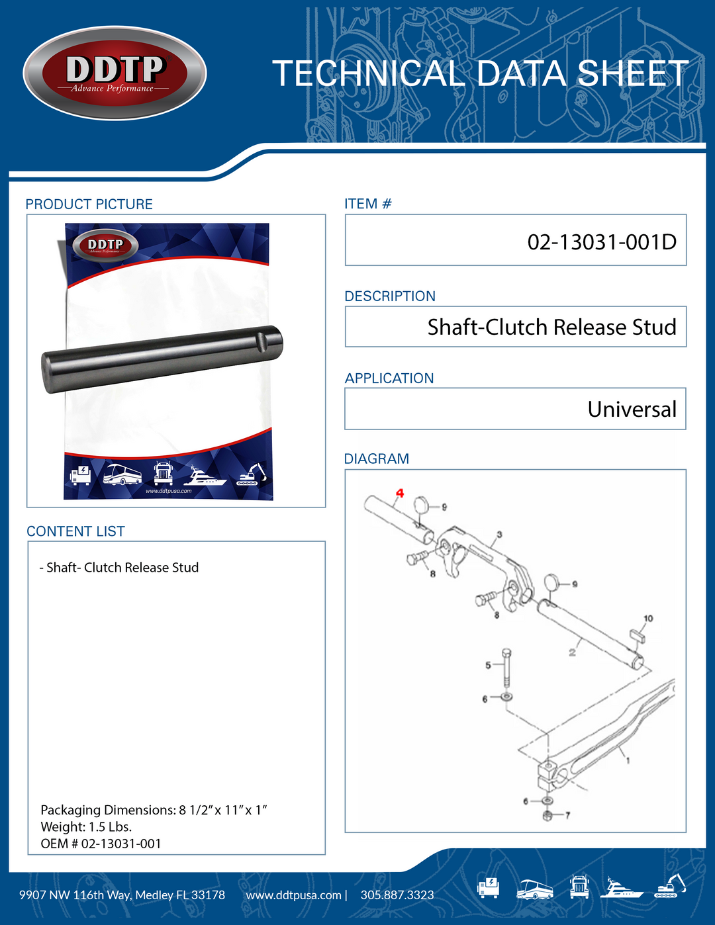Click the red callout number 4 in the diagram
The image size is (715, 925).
coord(399,493)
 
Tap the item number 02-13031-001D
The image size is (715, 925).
coord(602,242)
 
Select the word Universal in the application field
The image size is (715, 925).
coord(632,409)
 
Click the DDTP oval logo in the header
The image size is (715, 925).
coord(115,73)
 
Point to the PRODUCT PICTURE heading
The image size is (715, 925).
coord(89,204)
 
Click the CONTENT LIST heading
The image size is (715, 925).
coord(75,531)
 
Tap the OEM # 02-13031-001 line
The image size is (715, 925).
coord(101,843)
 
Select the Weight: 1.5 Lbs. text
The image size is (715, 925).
coord(86,826)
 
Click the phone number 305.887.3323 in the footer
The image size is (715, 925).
coord(397,895)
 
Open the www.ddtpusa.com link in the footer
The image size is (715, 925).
coord(293,895)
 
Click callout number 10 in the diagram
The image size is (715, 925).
coord(648,618)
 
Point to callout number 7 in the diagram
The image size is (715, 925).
coord(567,815)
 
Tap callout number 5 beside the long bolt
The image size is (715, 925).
coord(488,665)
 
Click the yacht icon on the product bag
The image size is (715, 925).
coord(205,476)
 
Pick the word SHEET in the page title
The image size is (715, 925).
coord(632,73)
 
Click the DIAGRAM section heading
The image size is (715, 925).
coord(377,459)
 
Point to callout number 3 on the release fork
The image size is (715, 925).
coord(500,535)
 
